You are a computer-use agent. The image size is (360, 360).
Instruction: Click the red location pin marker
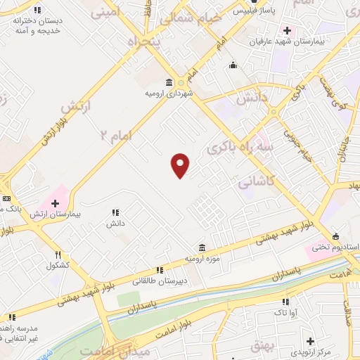[181, 165]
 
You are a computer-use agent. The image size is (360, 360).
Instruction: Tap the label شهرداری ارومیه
[169, 93]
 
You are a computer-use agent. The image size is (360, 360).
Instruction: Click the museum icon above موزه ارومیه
[202, 248]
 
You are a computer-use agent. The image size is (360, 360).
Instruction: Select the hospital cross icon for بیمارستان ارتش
[55, 203]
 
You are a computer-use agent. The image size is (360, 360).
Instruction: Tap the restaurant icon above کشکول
[58, 255]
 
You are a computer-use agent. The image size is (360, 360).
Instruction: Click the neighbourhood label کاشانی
[255, 182]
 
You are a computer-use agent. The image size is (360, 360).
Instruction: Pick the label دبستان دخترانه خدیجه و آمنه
[37, 26]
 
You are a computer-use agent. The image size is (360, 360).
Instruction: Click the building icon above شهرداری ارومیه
[168, 82]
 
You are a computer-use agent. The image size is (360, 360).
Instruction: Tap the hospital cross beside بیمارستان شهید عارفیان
[287, 30]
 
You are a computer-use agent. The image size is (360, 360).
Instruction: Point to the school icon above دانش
[115, 212]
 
